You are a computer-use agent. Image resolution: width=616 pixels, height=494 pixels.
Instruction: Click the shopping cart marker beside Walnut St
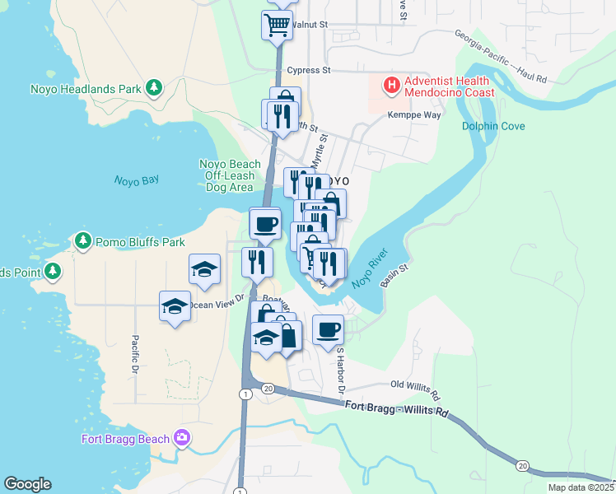[x=277, y=25]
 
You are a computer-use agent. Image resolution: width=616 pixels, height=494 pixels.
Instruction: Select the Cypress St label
[x=310, y=71]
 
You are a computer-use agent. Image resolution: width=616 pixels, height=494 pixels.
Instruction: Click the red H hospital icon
[x=391, y=85]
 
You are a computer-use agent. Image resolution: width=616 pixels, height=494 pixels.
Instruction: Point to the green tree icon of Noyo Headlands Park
[x=152, y=87]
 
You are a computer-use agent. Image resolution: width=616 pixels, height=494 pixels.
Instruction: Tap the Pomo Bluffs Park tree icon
[x=82, y=241]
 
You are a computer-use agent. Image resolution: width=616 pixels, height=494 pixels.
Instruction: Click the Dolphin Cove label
[x=493, y=127]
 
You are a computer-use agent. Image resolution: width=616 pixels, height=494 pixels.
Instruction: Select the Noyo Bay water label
[x=136, y=180]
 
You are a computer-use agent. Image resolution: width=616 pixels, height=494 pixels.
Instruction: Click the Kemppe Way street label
[x=415, y=115]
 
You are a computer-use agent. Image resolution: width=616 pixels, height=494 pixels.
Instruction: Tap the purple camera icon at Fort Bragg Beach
[x=181, y=438]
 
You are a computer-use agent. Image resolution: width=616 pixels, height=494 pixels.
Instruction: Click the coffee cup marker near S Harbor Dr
[x=328, y=329]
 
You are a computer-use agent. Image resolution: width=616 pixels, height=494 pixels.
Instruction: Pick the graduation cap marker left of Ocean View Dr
[x=175, y=306]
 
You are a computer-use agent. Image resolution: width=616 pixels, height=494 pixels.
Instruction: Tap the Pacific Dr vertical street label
[x=134, y=356]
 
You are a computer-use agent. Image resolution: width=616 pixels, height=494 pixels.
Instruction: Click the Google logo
[x=27, y=484]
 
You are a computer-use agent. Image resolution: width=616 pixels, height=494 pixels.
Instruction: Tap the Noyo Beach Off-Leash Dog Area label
[x=230, y=175]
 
